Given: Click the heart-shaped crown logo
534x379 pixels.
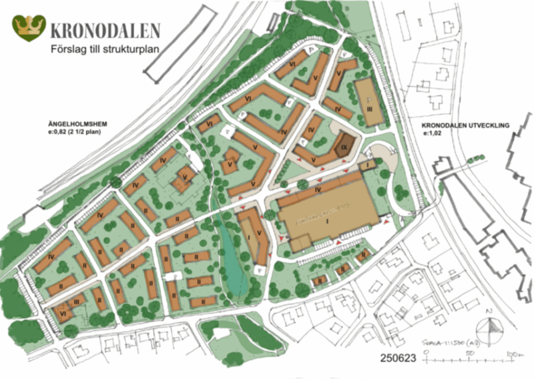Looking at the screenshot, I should coord(29,28).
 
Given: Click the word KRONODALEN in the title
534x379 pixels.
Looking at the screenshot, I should coord(105,30).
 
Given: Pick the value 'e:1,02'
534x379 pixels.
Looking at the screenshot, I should coord(434,134).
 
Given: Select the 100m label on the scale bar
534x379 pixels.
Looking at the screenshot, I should coord(511,352).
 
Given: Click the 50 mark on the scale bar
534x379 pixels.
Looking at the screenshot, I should coord(471,352).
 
